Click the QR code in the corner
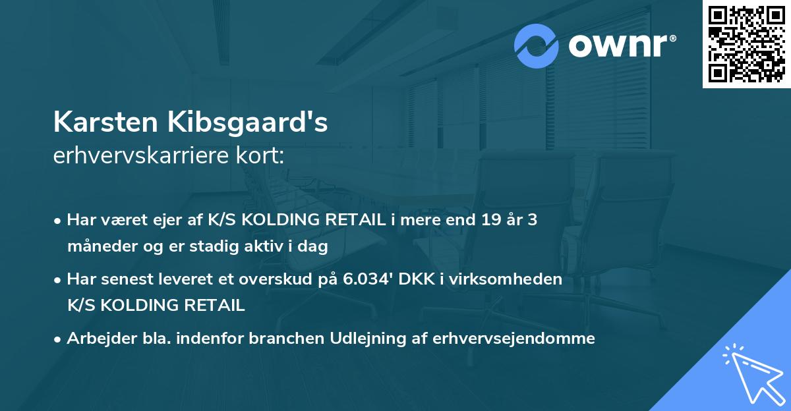click(x=747, y=43)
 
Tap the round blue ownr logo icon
click(x=537, y=45)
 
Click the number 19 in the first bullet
click(x=484, y=220)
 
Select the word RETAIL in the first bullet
click(x=360, y=220)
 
